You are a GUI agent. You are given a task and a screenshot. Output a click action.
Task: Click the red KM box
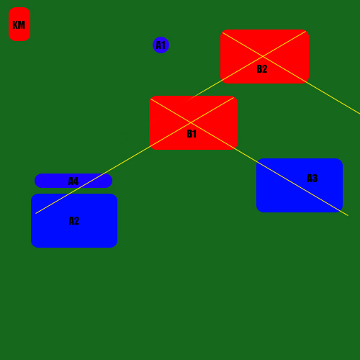pos(19,24)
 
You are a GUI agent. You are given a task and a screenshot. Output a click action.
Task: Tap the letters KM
pos(19,25)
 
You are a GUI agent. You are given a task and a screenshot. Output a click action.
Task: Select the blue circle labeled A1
pos(161,45)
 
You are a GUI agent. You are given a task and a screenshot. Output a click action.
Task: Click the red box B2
pos(264,57)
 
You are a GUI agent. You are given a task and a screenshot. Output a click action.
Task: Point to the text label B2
pos(262,69)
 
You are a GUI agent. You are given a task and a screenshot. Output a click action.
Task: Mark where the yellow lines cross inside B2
pos(263,56)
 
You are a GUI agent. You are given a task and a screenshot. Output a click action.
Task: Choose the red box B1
pos(193,122)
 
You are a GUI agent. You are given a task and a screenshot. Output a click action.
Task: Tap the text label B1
pos(192,134)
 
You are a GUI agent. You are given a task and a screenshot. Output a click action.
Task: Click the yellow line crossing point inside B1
pos(191,122)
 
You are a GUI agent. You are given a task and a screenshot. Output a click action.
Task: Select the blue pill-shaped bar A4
pos(73,181)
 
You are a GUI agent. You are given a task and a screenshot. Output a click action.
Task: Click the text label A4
pos(73,181)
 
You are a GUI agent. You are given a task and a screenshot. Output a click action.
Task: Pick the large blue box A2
pos(74,220)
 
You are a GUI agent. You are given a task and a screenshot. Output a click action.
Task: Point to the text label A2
pos(74,221)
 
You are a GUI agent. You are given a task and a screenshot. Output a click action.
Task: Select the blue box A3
pos(300,185)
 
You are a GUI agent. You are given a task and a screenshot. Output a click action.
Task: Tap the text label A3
pos(312,179)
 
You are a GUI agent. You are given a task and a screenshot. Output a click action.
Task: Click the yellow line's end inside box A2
pos(36,213)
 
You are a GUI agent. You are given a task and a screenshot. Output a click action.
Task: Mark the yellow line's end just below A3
pos(348,215)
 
